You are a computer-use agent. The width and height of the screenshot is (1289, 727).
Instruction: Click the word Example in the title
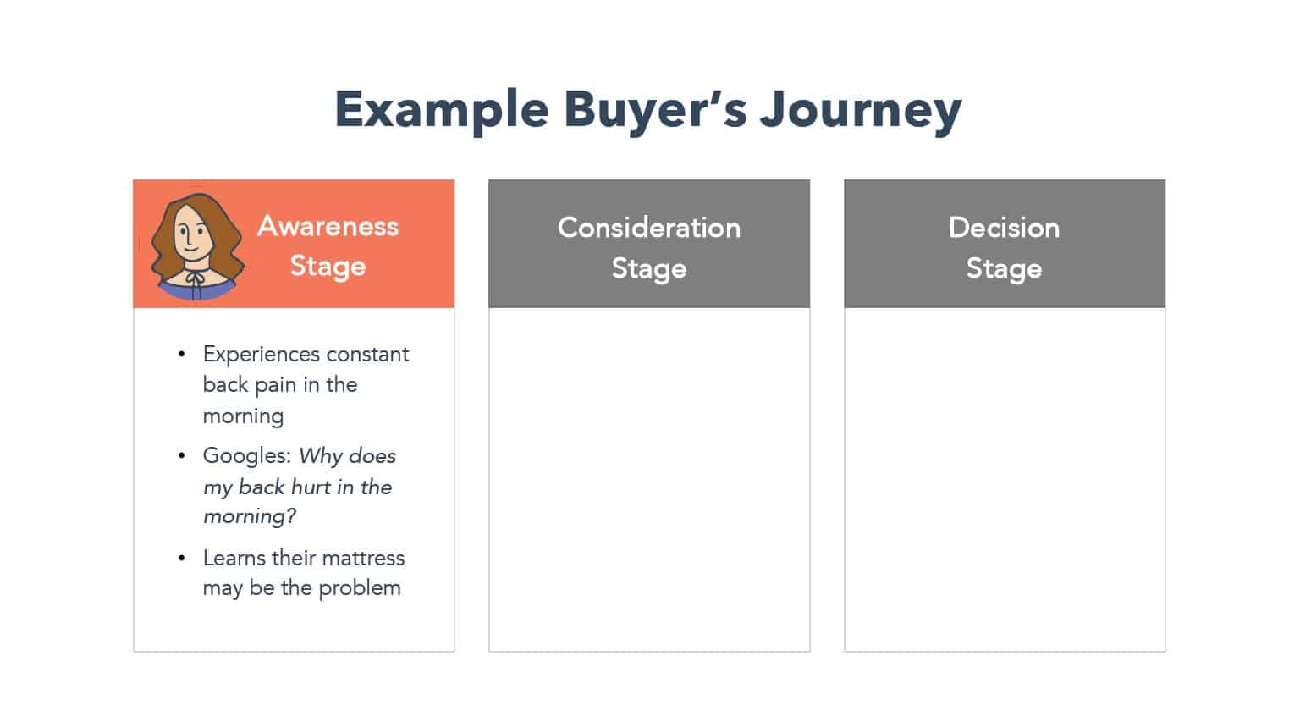click(x=442, y=110)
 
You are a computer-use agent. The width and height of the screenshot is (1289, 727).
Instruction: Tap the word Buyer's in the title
click(x=655, y=110)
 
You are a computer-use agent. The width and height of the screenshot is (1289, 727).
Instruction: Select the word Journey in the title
click(x=861, y=110)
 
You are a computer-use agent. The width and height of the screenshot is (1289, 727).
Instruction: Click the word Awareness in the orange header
click(x=328, y=226)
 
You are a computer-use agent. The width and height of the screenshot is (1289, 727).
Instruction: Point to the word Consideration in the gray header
click(x=649, y=228)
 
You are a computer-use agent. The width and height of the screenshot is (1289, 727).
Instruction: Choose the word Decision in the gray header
click(x=1004, y=228)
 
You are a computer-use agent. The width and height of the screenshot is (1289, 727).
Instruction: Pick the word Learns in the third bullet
click(x=234, y=558)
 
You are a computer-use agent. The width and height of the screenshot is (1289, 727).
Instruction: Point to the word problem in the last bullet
click(x=360, y=588)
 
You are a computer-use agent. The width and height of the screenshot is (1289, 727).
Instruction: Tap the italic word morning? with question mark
click(x=250, y=517)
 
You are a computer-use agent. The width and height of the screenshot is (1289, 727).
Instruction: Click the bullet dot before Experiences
click(x=182, y=354)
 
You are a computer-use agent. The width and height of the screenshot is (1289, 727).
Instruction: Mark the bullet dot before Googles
click(x=182, y=456)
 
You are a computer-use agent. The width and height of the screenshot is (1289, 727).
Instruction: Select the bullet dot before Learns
click(x=182, y=558)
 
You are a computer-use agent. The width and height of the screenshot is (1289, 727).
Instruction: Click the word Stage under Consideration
click(x=649, y=269)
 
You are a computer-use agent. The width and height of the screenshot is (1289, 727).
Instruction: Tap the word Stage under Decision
click(x=1004, y=269)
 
